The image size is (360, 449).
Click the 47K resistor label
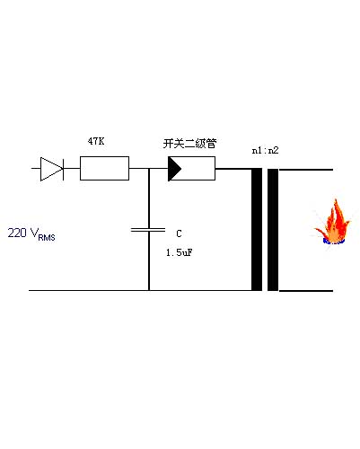coord(96,141)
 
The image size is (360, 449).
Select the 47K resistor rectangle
coord(104,168)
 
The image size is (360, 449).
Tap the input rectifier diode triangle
coord(51,169)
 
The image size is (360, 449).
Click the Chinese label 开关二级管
coord(189,144)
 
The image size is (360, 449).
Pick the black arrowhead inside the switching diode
coord(174,169)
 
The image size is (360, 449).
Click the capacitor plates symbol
coord(148,230)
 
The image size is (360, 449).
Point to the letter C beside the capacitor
coord(179,233)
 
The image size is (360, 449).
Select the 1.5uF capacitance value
coord(180,252)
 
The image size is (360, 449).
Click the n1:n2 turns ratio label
coord(265,150)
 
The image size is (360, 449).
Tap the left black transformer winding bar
coord(257,230)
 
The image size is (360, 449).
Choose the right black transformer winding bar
coord(273,230)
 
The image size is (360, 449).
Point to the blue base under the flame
coord(334,242)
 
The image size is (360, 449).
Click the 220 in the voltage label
coord(17,233)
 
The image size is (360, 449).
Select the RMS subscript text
coord(47,238)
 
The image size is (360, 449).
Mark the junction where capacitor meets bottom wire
coord(149,290)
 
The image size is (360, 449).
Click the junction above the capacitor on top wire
coord(149,169)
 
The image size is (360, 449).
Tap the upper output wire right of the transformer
coord(305,170)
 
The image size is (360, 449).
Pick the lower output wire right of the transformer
coord(305,291)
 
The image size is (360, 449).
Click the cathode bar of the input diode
coord(63,169)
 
